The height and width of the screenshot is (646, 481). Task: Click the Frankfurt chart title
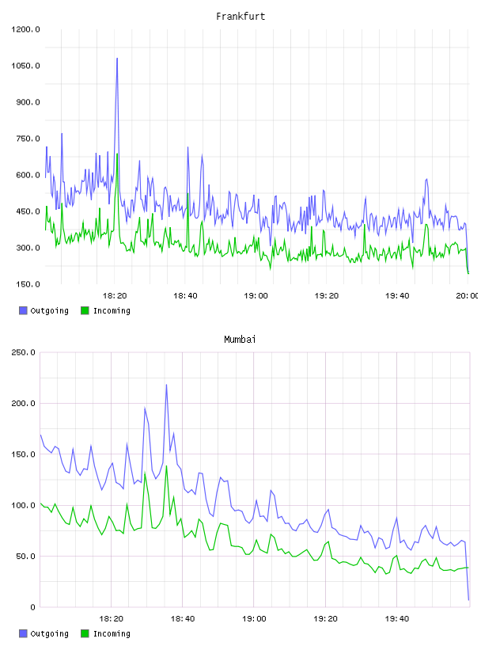[x=240, y=17]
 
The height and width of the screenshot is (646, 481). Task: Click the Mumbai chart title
[x=240, y=340]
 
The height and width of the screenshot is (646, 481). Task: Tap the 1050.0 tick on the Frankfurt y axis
[x=25, y=66]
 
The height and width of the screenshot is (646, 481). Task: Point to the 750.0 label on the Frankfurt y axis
[x=28, y=139]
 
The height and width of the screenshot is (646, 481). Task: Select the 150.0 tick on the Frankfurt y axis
[x=28, y=284]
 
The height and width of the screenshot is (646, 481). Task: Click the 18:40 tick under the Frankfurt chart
[x=185, y=296]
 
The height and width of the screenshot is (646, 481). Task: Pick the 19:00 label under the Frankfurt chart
[x=256, y=296]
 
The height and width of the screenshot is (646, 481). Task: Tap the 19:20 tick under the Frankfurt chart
[x=327, y=296]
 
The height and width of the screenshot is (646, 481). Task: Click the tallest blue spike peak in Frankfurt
[x=117, y=59]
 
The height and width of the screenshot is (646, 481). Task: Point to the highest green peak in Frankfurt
[x=117, y=154]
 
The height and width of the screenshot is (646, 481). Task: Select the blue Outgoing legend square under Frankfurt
[x=23, y=310]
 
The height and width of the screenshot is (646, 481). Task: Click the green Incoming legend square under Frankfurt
[x=85, y=310]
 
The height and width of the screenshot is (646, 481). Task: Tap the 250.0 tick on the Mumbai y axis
[x=24, y=352]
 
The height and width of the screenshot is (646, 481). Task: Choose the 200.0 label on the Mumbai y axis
[x=24, y=403]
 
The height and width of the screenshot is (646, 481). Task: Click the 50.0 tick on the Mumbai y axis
[x=25, y=557]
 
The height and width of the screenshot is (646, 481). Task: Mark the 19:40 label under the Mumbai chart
[x=397, y=619]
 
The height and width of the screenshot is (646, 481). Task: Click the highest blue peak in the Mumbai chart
[x=166, y=385]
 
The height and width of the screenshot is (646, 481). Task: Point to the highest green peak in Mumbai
[x=166, y=466]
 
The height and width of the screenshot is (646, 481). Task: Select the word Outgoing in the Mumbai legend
[x=49, y=633]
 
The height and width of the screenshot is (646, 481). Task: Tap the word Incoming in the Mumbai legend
[x=112, y=633]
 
